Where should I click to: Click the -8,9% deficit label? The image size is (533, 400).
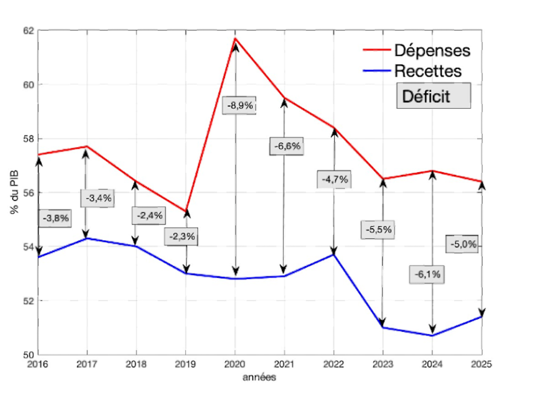tap(239, 106)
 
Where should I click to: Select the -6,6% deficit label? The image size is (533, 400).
tap(286, 147)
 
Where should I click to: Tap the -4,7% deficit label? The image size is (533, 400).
tap(334, 179)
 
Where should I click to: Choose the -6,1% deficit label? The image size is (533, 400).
tap(428, 274)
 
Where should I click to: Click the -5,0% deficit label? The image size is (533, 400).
tap(462, 244)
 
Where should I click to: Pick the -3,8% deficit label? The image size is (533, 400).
tap(56, 218)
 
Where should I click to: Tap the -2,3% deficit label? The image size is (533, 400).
tap(180, 236)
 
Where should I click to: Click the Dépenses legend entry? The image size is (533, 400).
tap(432, 51)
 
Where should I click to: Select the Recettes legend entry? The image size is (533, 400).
tap(428, 71)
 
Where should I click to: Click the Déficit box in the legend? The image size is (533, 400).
tap(433, 96)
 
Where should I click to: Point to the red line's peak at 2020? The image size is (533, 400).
tap(235, 38)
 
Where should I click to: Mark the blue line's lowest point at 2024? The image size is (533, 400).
tap(432, 335)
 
